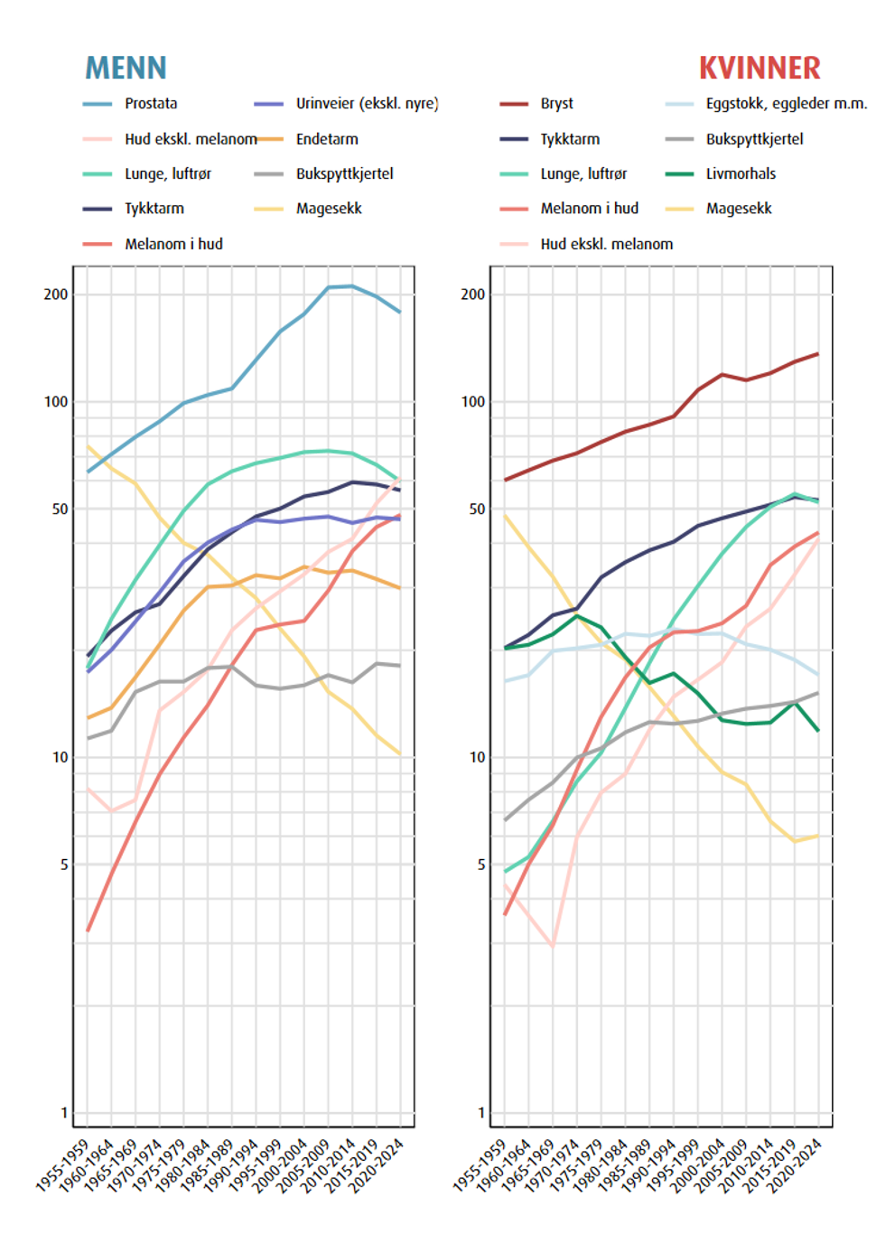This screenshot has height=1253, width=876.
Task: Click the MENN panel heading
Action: pos(126,68)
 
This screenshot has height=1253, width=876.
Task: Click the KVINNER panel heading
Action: pos(760,68)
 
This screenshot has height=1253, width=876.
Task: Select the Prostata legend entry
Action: pos(151,104)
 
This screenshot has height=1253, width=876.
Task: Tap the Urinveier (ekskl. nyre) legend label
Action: pos(367,104)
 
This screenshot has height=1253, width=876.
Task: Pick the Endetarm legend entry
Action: pos(327,139)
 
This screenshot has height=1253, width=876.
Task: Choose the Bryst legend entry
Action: pos(556,104)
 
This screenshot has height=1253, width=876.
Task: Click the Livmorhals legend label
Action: pos(741,173)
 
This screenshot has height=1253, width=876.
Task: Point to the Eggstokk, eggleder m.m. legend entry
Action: pos(786,104)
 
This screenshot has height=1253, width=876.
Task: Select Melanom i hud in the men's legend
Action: pos(173,244)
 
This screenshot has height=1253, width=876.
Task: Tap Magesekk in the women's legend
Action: pos(739,209)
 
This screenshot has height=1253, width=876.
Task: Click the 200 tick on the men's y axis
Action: pos(56,295)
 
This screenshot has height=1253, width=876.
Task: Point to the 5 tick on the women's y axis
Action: pos(481,865)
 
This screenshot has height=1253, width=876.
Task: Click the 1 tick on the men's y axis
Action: pos(64,1113)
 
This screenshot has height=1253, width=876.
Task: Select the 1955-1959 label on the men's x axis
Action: pos(63,1165)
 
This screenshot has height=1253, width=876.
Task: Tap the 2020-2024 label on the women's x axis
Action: pos(795,1165)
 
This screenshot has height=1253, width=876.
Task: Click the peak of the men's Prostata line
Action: pos(352,286)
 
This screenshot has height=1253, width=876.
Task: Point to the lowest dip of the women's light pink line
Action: pos(553,945)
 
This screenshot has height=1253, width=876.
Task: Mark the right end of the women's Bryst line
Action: pos(818,354)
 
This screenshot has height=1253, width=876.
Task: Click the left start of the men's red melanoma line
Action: pos(88,930)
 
